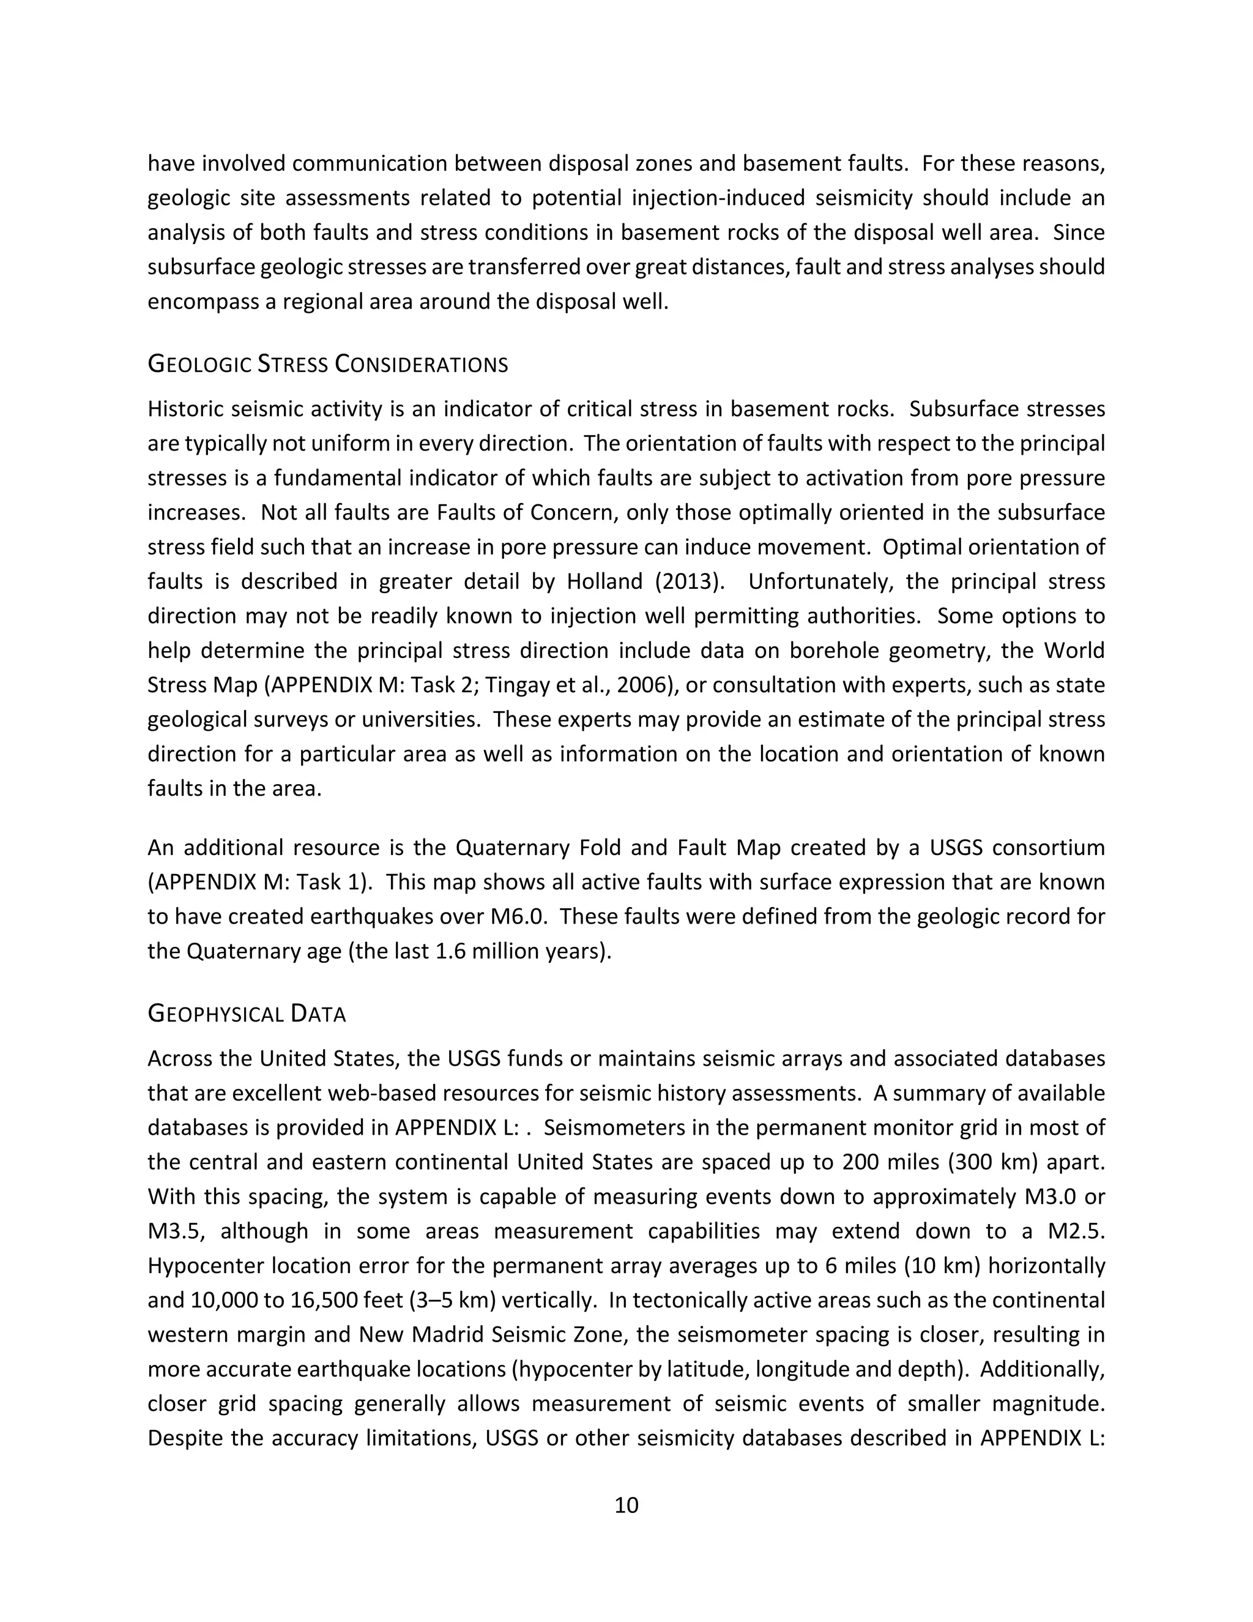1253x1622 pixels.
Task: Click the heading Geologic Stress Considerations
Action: (327, 365)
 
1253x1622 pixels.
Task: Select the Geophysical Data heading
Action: (247, 1014)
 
